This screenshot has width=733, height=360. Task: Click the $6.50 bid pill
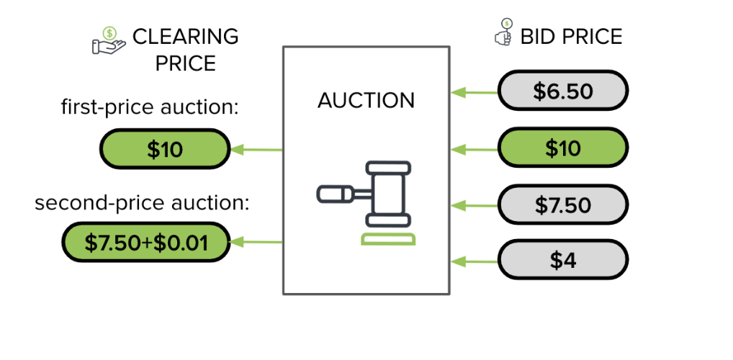pos(562,91)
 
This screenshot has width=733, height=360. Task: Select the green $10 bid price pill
pos(562,148)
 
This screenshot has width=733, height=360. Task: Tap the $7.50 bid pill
pos(562,205)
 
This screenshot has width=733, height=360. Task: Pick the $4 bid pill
pos(562,260)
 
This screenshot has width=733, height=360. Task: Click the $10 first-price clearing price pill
pos(165,149)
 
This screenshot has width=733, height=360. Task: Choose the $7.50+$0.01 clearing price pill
pos(146,243)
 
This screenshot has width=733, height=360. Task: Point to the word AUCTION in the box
pos(366,100)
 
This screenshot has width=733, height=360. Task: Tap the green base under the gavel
pos(388,239)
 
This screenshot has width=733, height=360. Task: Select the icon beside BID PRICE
pos(503,35)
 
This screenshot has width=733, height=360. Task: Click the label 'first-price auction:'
pos(149,108)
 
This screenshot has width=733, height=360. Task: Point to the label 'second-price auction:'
pos(141,202)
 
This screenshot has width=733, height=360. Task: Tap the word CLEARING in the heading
pos(185,36)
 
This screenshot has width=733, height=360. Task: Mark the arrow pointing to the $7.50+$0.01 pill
pos(256,243)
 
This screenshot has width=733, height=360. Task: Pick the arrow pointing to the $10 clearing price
pos(256,150)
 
